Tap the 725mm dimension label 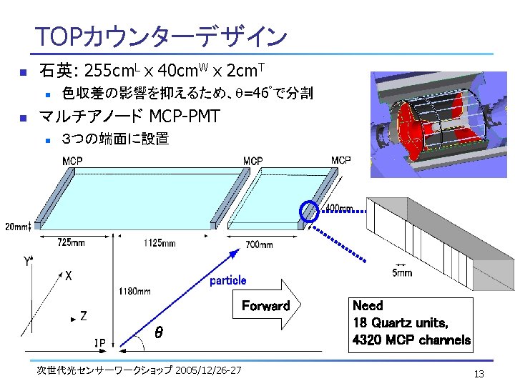click(71, 243)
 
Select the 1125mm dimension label click(158, 243)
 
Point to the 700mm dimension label click(258, 244)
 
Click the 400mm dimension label click(340, 209)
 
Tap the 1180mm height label click(134, 291)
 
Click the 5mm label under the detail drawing click(402, 273)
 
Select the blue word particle click(227, 280)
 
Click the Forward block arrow click(266, 307)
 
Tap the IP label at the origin click(99, 343)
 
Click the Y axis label click(26, 262)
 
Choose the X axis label click(68, 274)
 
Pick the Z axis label click(84, 315)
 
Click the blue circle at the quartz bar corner click(309, 212)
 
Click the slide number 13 click(479, 375)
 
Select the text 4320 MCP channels click(411, 340)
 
